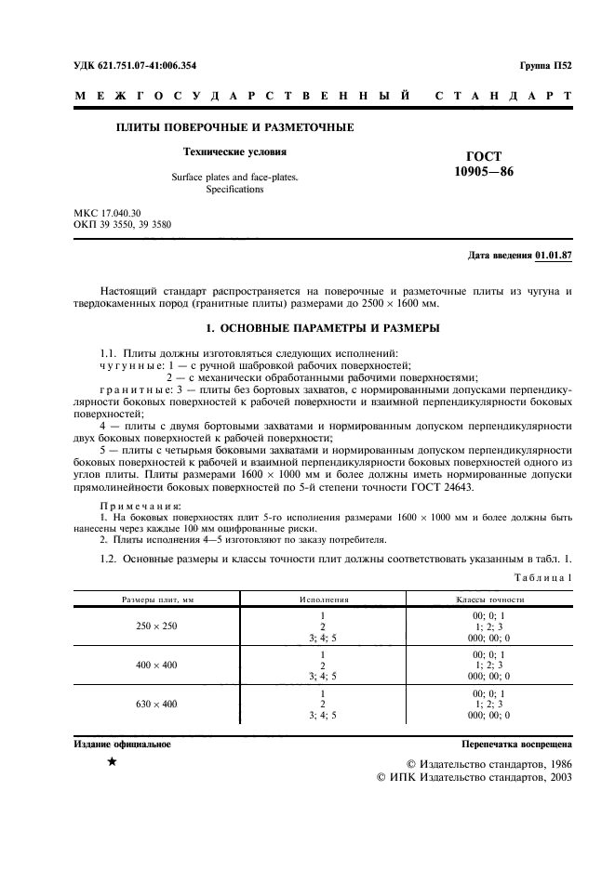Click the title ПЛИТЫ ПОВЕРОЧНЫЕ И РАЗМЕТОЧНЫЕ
(x=234, y=127)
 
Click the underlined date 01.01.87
(x=554, y=255)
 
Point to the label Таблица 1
(x=544, y=577)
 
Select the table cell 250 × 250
(x=156, y=626)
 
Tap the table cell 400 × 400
(x=156, y=666)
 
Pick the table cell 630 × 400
(x=156, y=705)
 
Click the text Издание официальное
(x=122, y=745)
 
